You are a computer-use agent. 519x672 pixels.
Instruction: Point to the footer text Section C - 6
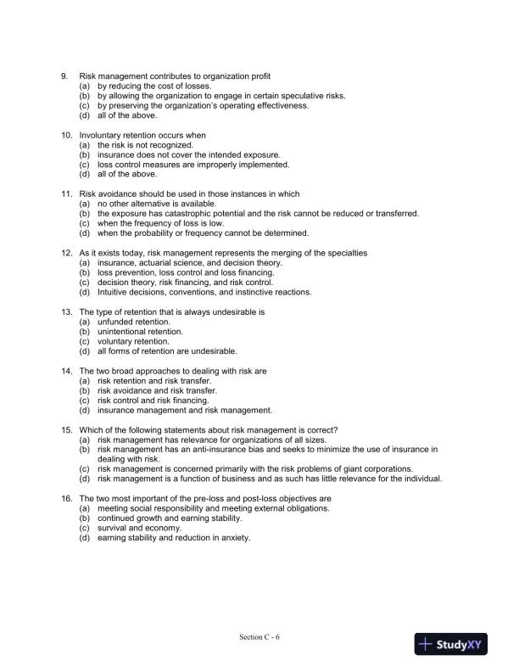259,637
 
